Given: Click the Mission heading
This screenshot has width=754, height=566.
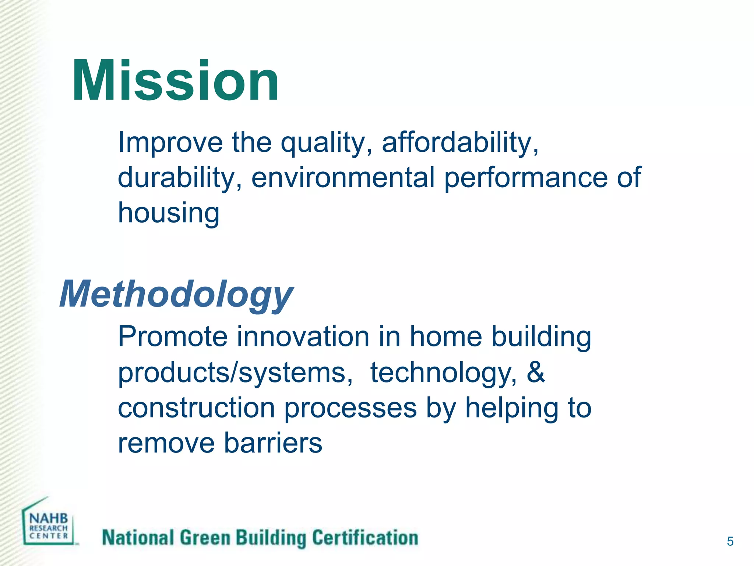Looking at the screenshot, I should (175, 81).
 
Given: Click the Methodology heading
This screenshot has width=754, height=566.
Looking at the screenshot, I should (176, 294).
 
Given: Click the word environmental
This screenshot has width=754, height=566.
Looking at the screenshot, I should (343, 178).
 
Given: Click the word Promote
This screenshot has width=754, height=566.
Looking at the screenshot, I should (173, 336).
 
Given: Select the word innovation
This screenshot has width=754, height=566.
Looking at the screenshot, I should (303, 336).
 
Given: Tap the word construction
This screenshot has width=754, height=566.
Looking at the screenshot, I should (196, 408).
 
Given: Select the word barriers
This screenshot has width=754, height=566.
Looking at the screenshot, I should (273, 443).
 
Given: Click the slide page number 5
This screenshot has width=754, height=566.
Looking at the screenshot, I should (730, 541).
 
